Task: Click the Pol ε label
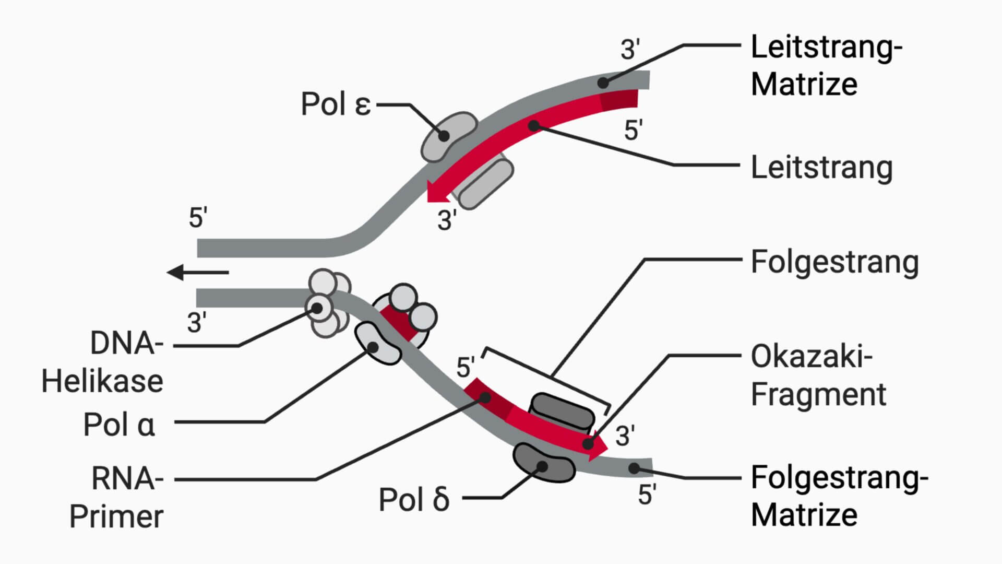336,104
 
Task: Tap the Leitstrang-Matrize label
826,65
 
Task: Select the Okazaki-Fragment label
818,375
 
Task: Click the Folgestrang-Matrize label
839,496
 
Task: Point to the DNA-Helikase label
102,362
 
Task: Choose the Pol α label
119,425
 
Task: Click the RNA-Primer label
116,498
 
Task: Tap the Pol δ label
413,500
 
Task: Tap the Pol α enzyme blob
377,343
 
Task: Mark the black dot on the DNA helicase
317,308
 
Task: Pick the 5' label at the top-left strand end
198,218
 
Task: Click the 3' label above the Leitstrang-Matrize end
630,50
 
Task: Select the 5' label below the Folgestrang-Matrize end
647,495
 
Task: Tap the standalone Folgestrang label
834,262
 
